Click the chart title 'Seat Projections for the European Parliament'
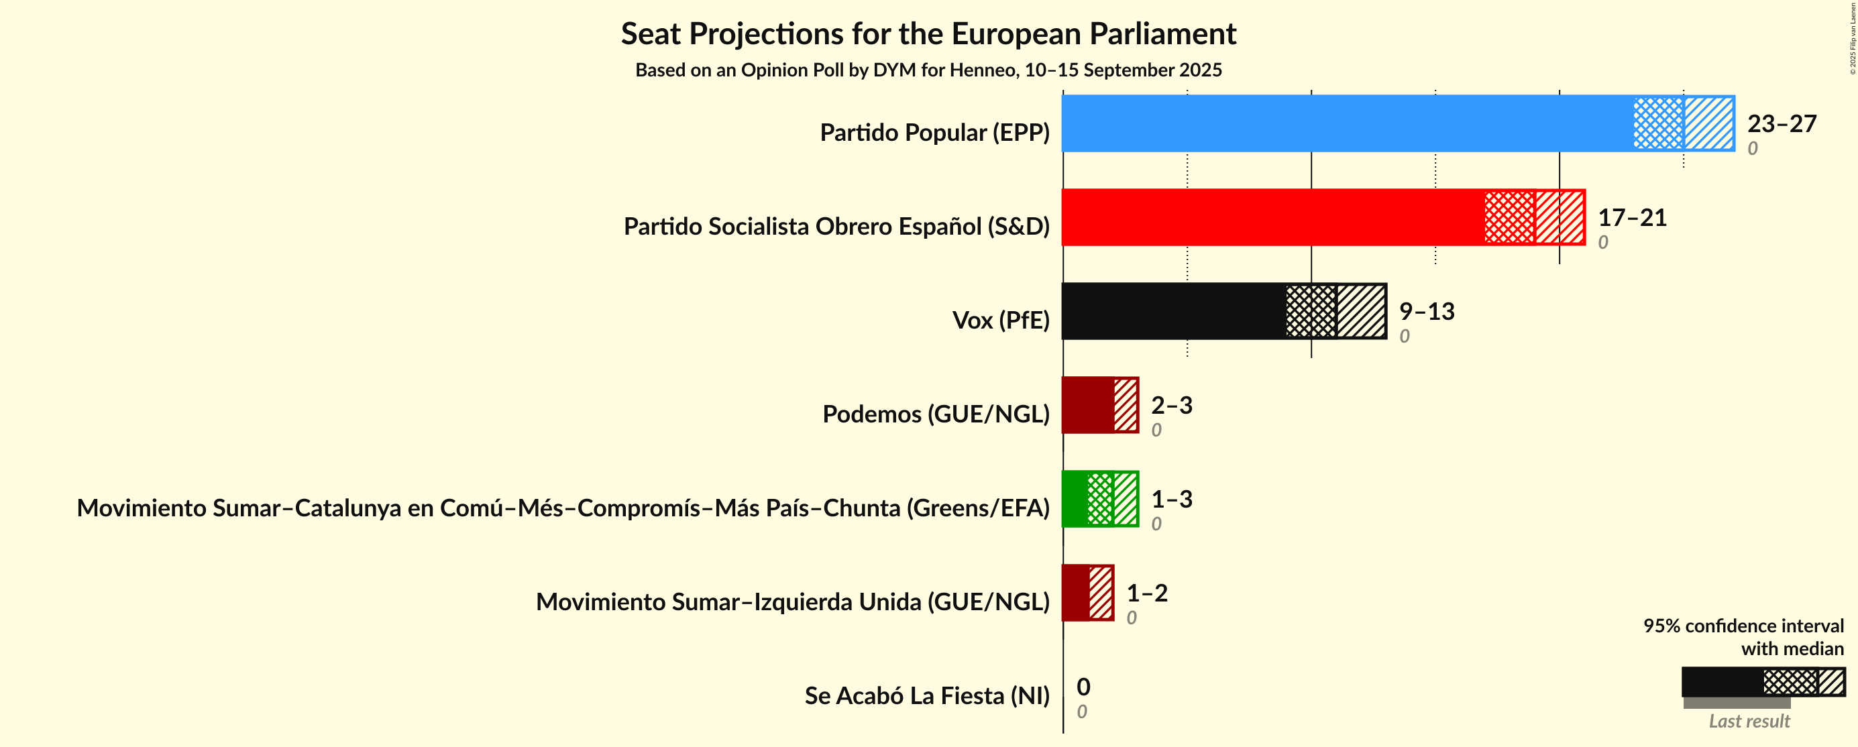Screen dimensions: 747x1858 coord(928,34)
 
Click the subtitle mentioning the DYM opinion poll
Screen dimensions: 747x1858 coord(928,70)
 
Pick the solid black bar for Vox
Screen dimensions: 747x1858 coord(1172,310)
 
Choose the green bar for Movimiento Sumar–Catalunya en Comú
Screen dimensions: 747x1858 coord(1075,498)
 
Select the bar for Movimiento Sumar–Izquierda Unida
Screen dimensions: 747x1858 coord(1075,592)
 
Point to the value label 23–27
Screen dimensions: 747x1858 coord(1782,124)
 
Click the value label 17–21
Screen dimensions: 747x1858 coord(1632,218)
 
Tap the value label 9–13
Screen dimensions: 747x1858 coord(1427,312)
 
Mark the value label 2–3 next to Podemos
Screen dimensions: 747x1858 coord(1171,405)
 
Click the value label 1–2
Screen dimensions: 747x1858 coord(1147,593)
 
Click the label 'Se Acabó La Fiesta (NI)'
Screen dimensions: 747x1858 coord(927,696)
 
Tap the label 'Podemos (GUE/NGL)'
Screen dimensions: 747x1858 coord(936,414)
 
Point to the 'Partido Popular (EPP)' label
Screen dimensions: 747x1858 coord(934,133)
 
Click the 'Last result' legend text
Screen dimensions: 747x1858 coord(1749,721)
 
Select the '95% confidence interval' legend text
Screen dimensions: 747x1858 coord(1743,626)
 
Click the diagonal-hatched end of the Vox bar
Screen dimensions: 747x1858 coord(1361,310)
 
